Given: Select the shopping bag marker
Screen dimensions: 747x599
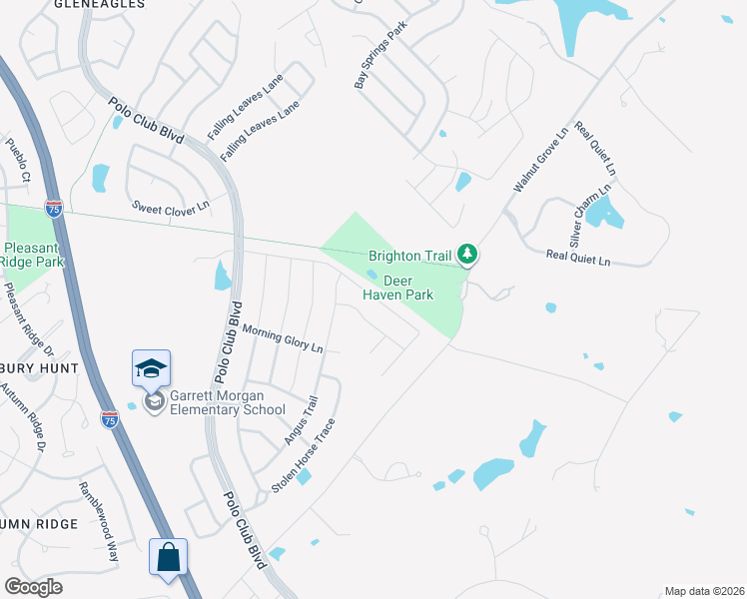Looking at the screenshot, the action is pos(168,556).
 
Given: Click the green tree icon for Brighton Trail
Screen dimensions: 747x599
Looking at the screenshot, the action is pos(467,256).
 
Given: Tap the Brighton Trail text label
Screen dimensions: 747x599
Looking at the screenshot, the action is pos(410,256).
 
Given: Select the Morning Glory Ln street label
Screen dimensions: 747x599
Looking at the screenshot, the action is pos(284,340).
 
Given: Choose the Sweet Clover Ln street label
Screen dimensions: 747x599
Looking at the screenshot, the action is pos(172,206).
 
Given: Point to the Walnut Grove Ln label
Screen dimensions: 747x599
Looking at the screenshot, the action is pos(540,159).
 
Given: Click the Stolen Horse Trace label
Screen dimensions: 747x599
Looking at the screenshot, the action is pos(304,454).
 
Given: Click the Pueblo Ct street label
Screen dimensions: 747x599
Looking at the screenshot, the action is pos(18,161).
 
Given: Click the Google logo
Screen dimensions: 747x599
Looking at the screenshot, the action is pos(33,587).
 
